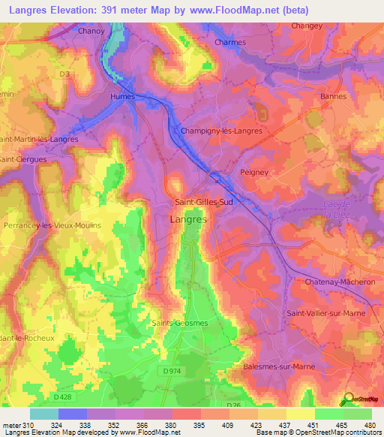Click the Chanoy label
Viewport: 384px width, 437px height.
coord(91,32)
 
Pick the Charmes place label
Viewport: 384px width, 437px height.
coord(230,42)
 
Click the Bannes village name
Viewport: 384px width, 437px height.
coord(333,96)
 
